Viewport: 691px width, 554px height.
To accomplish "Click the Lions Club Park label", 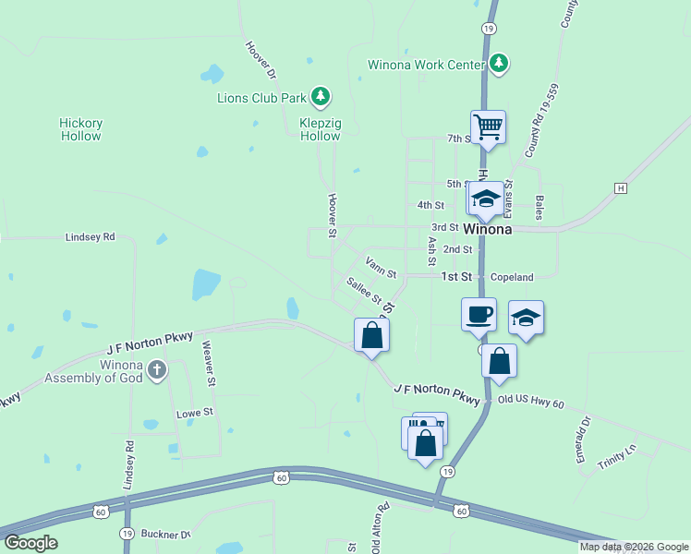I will (261, 97).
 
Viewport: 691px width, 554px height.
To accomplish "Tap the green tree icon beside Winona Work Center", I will (499, 63).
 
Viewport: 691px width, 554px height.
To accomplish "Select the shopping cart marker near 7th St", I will (487, 126).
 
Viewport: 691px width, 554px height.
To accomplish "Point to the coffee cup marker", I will (479, 314).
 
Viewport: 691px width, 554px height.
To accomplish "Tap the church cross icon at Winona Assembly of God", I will (157, 370).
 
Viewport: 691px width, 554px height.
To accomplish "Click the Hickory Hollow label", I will (80, 129).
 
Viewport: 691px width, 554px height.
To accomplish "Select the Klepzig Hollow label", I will (320, 129).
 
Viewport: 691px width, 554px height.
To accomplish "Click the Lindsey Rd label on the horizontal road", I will (90, 237).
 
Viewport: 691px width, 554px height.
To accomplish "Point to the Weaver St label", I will (211, 363).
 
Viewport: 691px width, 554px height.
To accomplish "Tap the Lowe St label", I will (195, 413).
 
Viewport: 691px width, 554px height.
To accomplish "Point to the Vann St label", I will (380, 268).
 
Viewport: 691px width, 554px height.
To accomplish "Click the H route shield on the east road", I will (621, 187).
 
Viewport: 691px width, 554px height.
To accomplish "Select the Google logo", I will (30, 542).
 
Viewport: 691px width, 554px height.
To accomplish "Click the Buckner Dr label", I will (165, 535).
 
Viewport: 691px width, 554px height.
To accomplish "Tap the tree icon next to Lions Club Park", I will (321, 96).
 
